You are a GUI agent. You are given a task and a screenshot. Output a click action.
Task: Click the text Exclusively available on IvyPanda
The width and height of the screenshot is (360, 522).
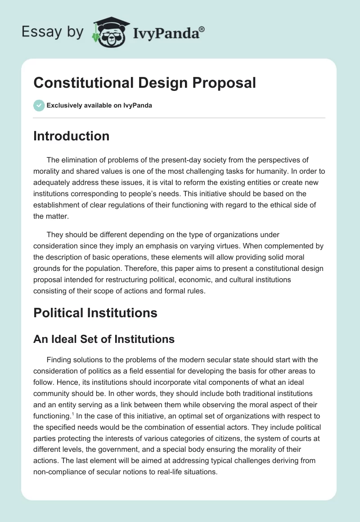coord(99,105)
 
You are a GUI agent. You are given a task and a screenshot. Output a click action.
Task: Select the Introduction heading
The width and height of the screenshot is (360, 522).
coord(71,136)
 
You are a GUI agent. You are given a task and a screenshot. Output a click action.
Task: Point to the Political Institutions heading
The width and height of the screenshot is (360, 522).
coord(95,313)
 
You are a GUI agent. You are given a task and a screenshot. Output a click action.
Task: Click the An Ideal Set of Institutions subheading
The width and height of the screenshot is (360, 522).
coord(103,339)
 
